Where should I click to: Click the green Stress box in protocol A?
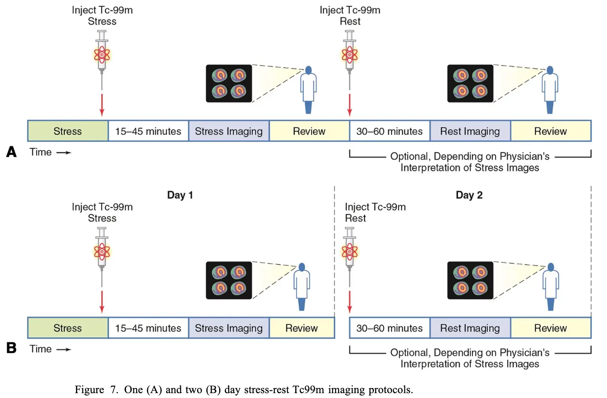(68, 131)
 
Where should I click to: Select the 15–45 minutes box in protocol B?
(148, 328)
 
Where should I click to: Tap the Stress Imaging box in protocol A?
(229, 131)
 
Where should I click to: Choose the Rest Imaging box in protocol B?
(470, 328)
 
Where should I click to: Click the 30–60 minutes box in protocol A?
(389, 131)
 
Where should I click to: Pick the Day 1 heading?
(180, 195)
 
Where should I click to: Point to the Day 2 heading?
(469, 195)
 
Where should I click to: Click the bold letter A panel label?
(12, 152)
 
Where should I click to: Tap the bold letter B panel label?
(12, 348)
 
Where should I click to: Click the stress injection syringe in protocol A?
(102, 56)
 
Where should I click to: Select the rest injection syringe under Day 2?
(350, 253)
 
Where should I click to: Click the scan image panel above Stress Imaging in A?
(229, 84)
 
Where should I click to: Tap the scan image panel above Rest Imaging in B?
(470, 280)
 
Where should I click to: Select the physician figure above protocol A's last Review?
(550, 90)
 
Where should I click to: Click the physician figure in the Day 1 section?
(302, 287)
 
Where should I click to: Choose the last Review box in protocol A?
(550, 131)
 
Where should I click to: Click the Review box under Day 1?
(302, 328)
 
